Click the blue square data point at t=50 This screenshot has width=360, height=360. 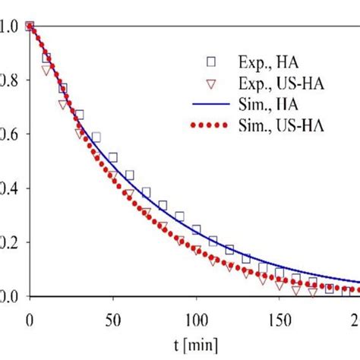[x=112, y=158]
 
